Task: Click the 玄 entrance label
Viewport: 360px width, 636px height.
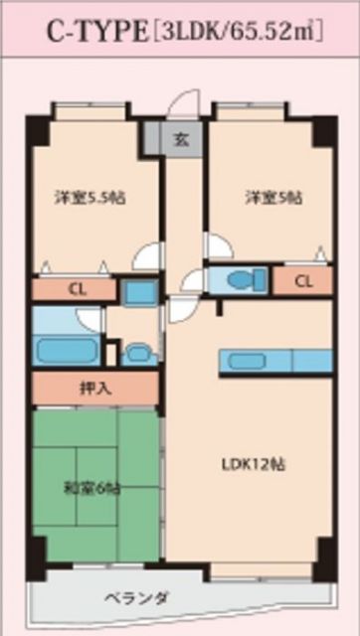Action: [182, 137]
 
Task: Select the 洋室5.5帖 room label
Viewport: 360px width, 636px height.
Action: [88, 197]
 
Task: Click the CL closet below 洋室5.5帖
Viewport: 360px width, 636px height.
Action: [76, 290]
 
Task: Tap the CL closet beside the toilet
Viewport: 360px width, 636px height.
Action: [302, 281]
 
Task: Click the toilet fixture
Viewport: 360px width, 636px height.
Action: [240, 281]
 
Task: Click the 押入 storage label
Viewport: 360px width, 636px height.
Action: [94, 389]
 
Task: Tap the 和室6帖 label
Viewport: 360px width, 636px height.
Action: [94, 488]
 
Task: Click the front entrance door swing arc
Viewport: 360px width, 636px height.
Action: [182, 106]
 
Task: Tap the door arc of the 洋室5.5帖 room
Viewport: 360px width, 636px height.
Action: [147, 256]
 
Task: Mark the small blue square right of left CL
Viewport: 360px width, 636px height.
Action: [140, 292]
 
